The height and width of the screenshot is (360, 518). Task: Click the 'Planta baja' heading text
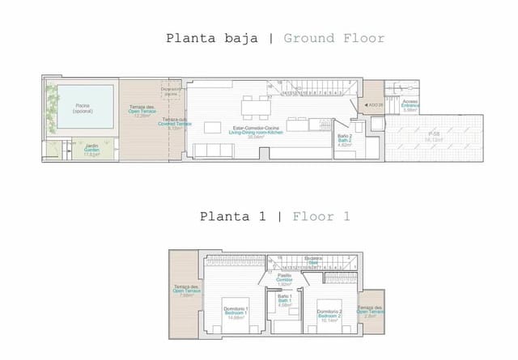pyautogui.click(x=212, y=38)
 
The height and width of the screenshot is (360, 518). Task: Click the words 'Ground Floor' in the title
pyautogui.click(x=334, y=38)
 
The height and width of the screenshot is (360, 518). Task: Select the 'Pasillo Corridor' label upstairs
pyautogui.click(x=284, y=279)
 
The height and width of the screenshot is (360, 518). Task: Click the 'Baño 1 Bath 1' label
pyautogui.click(x=284, y=301)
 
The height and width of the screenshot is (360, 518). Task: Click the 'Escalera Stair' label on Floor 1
pyautogui.click(x=316, y=261)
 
